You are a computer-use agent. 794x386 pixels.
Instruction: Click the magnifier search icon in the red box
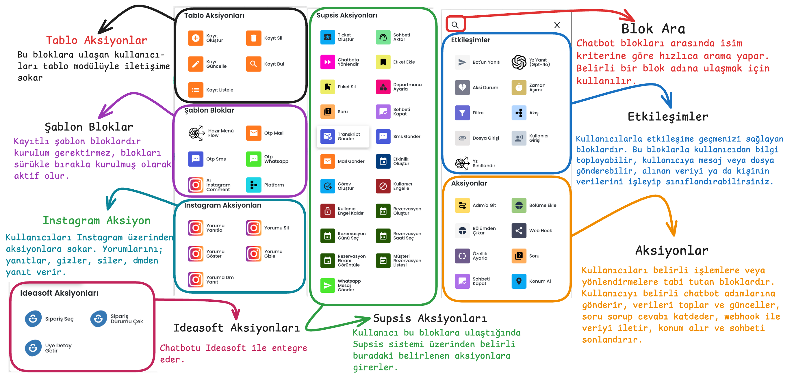tap(455, 25)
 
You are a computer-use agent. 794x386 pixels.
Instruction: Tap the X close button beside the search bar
tap(557, 25)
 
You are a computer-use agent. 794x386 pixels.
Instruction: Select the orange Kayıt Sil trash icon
tap(254, 38)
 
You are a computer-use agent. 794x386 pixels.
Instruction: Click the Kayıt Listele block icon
tap(196, 90)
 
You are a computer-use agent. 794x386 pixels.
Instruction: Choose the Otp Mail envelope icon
tap(254, 133)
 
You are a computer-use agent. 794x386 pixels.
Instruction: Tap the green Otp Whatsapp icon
tap(254, 159)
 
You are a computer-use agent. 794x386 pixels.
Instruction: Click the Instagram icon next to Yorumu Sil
tap(254, 228)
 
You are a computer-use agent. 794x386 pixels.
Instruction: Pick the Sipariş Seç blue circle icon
tap(33, 318)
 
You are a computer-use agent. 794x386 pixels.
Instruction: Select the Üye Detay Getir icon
tap(33, 348)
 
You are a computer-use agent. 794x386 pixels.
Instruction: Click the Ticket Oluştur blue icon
tap(328, 37)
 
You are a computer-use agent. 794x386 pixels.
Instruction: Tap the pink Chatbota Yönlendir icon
tap(328, 62)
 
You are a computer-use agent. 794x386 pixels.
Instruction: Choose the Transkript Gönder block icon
tap(328, 137)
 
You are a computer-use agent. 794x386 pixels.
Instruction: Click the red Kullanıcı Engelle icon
tap(383, 186)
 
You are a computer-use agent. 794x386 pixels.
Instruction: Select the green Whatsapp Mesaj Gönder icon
tap(328, 285)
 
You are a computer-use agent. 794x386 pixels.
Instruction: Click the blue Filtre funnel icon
tap(462, 113)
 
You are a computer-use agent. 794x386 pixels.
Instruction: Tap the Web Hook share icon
tap(519, 230)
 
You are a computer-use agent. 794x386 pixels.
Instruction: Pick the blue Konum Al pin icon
tap(519, 281)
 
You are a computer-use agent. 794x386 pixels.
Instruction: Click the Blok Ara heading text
tap(653, 29)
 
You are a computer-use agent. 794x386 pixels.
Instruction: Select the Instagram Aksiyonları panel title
tap(222, 205)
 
